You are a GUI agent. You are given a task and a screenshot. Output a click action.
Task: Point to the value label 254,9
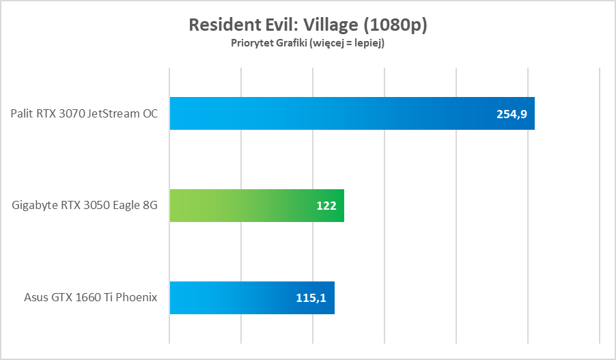point(512,114)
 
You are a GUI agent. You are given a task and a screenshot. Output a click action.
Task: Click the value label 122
point(326,206)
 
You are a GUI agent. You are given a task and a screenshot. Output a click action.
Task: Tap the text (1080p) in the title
point(395,25)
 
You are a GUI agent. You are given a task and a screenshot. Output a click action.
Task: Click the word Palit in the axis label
point(22,113)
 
